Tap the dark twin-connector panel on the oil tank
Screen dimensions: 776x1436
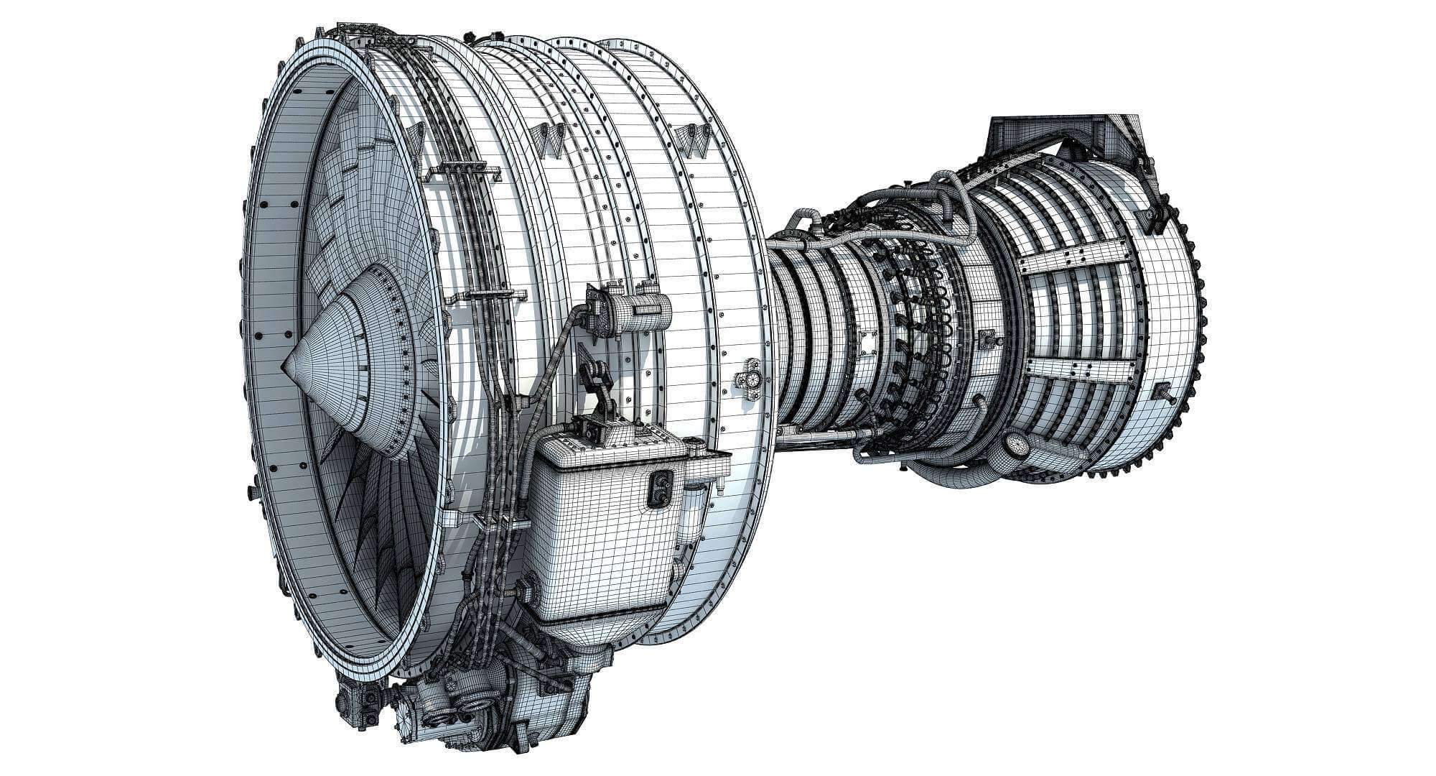point(658,490)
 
